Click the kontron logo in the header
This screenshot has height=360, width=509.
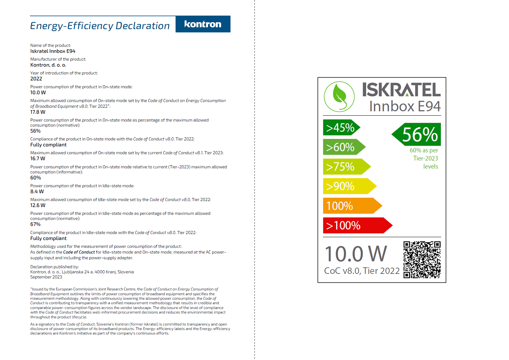tap(203, 24)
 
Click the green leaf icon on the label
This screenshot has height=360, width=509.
tap(339, 97)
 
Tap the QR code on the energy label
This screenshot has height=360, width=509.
tap(422, 259)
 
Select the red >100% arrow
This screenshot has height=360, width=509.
tap(357, 225)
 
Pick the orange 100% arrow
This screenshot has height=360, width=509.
tap(352, 206)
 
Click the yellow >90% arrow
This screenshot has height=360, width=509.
tap(349, 186)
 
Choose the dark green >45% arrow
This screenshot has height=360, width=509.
tap(341, 127)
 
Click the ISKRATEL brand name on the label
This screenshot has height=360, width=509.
tap(401, 90)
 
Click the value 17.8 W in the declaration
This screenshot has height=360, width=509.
tap(38, 112)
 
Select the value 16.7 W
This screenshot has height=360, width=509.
tap(38, 159)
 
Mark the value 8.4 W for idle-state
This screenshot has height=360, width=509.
tap(37, 192)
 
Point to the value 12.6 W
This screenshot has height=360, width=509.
tap(38, 205)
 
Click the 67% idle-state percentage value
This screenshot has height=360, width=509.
tap(35, 224)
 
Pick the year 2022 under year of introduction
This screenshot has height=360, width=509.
tap(36, 79)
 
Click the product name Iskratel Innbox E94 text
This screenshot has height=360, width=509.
tap(53, 51)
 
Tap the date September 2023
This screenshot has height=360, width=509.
tap(46, 277)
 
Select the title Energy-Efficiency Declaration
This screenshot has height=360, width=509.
tap(100, 26)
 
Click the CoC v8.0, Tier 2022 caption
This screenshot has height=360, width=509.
tap(362, 271)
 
